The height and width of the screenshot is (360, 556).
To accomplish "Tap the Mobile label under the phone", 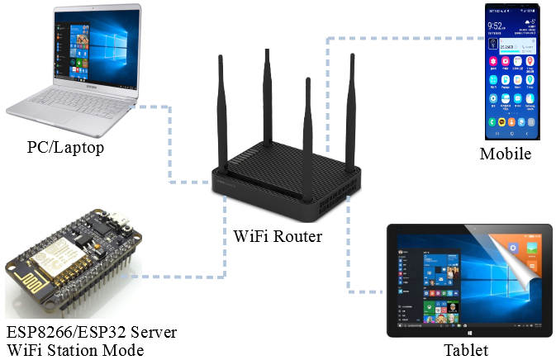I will click(505, 154).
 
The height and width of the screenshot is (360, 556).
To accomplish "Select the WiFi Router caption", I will click(277, 237).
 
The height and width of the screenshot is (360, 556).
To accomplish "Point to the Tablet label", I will click(465, 349).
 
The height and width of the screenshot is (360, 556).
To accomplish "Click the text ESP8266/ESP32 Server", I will click(91, 333).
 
